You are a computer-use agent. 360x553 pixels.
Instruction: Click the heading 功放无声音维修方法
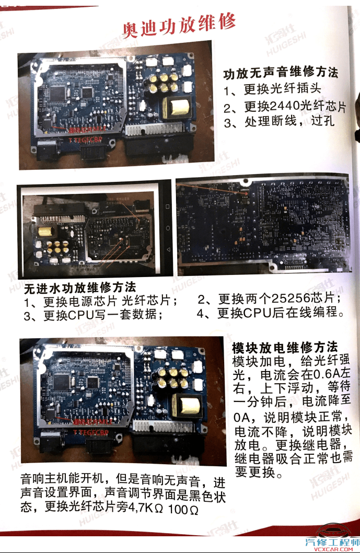pos(281,73)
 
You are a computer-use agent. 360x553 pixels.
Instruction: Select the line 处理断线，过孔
pos(289,123)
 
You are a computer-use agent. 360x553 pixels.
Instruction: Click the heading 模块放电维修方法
pos(285,347)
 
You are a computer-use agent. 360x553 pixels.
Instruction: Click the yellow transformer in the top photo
pos(178,108)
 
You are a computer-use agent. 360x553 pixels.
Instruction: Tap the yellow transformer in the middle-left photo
pos(45,231)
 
